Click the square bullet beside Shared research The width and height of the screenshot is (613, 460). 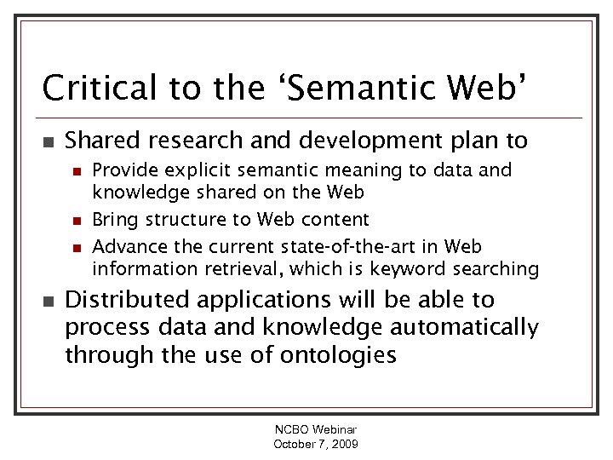(x=48, y=140)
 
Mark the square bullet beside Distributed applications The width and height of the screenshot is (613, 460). (x=48, y=301)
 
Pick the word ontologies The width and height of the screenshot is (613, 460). (x=340, y=354)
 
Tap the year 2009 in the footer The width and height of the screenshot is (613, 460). (x=343, y=445)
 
